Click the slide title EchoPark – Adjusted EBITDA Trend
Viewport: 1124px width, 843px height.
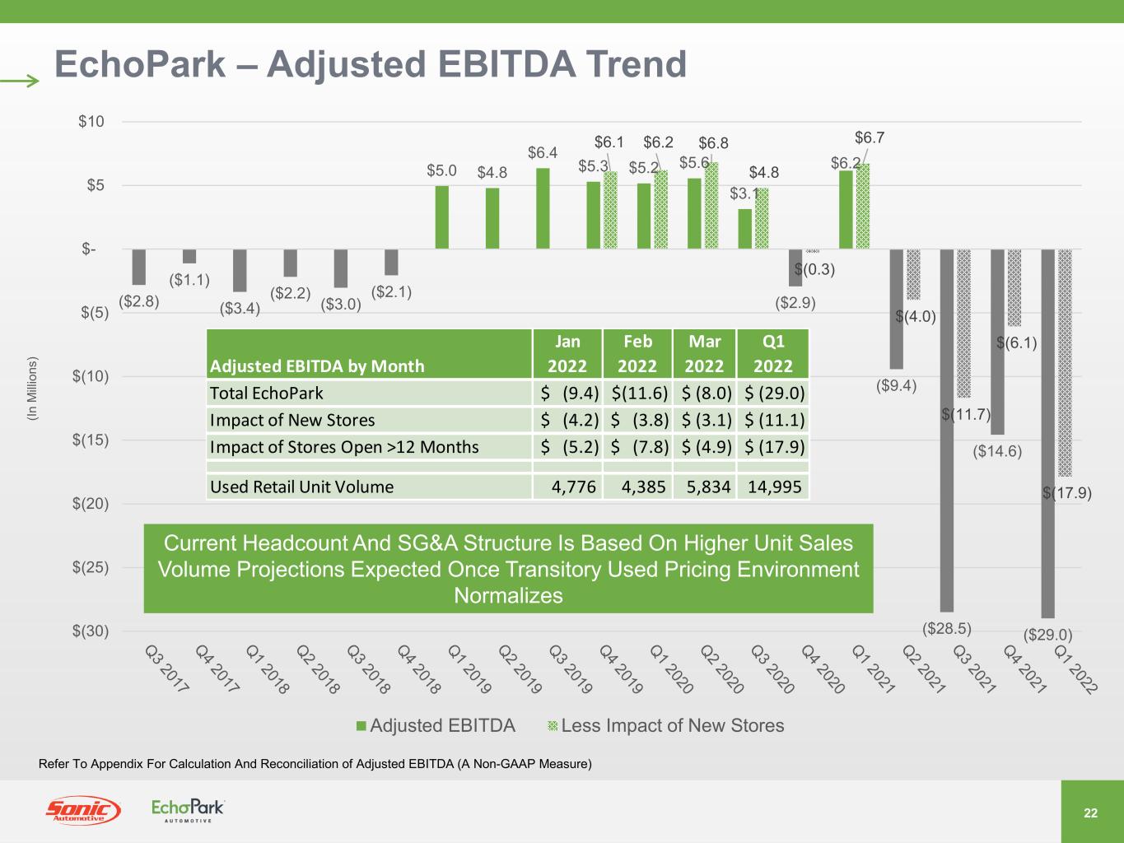click(x=370, y=64)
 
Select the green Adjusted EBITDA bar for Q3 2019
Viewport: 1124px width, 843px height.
click(x=543, y=208)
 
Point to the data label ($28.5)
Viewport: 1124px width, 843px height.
click(x=947, y=629)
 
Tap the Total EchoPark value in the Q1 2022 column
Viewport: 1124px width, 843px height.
click(x=774, y=394)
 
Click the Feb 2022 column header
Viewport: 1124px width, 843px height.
click(x=637, y=354)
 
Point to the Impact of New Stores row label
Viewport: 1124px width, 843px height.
click(x=292, y=421)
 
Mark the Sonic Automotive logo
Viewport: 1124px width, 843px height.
click(x=82, y=811)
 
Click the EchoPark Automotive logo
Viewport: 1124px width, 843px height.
click(x=188, y=810)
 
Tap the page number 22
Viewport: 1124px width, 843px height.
click(x=1091, y=813)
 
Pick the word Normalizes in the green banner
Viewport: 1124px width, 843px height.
click(x=508, y=596)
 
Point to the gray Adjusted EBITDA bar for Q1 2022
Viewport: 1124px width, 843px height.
click(x=1047, y=433)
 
